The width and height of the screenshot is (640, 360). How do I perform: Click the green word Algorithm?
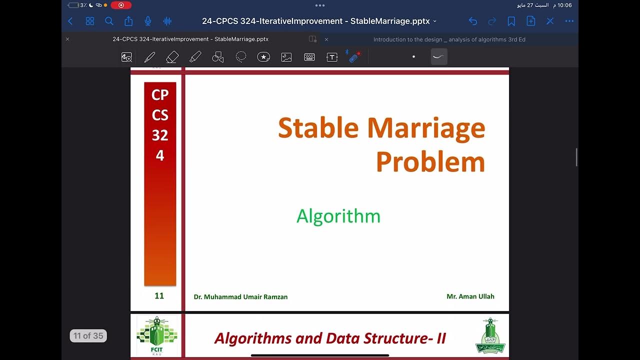tap(338, 216)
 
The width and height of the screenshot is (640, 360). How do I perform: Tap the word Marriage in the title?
tap(426, 128)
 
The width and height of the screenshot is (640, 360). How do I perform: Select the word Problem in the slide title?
tap(430, 162)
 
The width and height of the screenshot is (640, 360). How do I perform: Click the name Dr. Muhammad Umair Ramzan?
tap(240, 297)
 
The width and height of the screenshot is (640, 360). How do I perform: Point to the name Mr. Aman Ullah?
tap(470, 296)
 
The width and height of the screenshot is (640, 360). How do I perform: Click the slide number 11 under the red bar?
tap(159, 296)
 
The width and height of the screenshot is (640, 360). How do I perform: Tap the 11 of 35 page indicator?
tap(88, 336)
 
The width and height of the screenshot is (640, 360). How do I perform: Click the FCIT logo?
tap(157, 335)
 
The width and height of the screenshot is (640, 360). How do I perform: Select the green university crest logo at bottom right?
tap(490, 335)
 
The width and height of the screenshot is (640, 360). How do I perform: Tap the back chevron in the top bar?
tap(70, 21)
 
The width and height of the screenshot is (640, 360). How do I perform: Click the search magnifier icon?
tap(109, 21)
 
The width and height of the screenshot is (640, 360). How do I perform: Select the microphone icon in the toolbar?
tap(147, 21)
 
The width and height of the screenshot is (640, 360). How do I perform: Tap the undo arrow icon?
tap(472, 21)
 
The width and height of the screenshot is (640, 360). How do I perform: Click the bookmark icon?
tap(511, 21)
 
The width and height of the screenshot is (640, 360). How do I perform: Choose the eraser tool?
tap(172, 57)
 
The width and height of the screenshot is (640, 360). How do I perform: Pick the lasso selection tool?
tap(241, 57)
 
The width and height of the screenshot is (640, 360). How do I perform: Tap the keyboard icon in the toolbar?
tap(309, 57)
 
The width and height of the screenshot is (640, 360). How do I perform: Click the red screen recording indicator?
tap(121, 5)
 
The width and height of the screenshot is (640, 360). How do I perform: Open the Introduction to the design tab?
tap(449, 39)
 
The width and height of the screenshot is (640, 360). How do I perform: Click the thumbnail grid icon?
tap(90, 21)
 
